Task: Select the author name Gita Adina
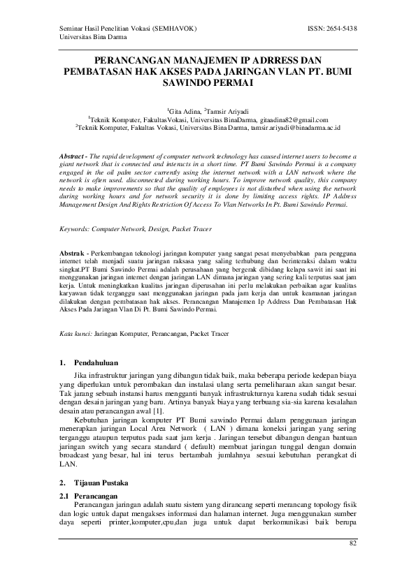pos(185,111)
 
